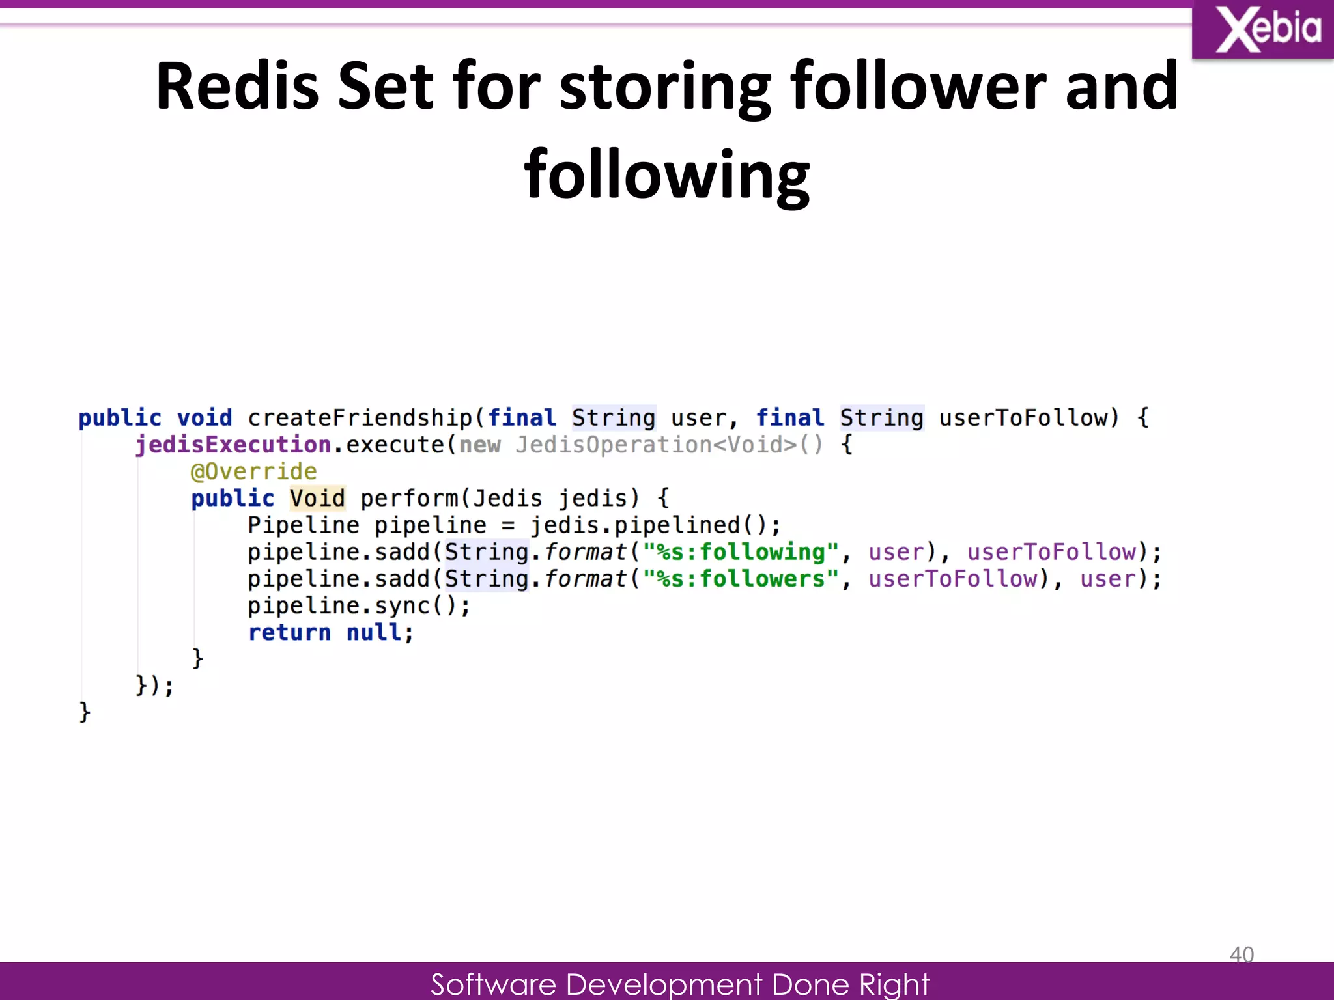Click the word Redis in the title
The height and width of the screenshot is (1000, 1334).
click(x=237, y=86)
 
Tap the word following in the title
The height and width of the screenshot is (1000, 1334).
click(x=666, y=174)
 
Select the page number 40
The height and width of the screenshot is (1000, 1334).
click(x=1242, y=954)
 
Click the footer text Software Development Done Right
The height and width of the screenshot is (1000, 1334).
click(x=679, y=984)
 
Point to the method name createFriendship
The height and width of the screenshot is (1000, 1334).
click(x=360, y=417)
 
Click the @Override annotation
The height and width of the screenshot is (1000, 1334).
click(x=253, y=471)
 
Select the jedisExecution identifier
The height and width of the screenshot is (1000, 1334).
click(x=233, y=445)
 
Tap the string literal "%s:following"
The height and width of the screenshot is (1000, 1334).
click(x=741, y=552)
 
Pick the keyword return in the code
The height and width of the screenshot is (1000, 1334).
click(x=289, y=632)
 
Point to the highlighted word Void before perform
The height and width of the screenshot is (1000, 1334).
click(x=317, y=498)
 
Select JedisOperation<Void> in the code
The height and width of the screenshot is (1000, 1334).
click(x=656, y=445)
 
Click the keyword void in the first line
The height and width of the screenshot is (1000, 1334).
click(x=205, y=417)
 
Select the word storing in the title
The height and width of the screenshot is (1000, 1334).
click(x=665, y=86)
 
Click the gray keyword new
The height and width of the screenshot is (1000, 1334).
click(x=480, y=445)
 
